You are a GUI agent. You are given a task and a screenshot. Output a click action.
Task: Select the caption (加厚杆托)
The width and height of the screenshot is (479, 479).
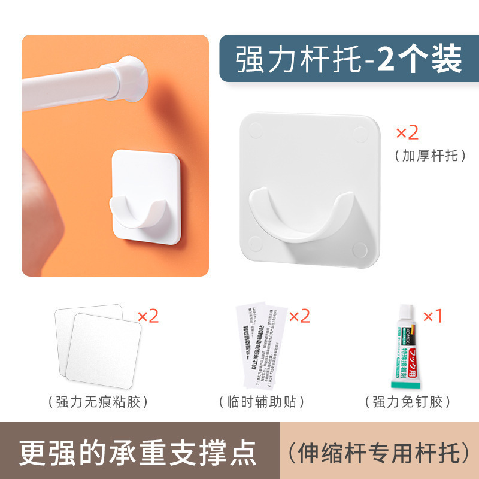pos(430,156)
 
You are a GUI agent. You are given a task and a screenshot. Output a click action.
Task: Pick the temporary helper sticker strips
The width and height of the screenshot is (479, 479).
pos(259,342)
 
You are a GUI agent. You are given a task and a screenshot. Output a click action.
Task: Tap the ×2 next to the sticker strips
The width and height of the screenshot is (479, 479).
pos(299,316)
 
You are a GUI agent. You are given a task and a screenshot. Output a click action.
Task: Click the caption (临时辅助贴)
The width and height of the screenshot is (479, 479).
pos(258,401)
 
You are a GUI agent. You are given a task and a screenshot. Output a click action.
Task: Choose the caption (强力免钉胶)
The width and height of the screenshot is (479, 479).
pos(408,401)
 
